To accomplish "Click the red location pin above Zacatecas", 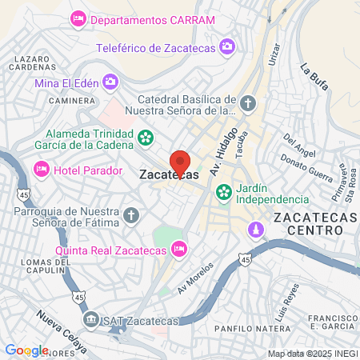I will coord(180,158).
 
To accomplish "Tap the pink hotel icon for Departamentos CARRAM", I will coord(78,18).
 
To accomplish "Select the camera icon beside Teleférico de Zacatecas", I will coord(227,47).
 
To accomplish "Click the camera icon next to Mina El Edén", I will coord(110,81).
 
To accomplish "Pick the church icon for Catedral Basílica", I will coord(248,102).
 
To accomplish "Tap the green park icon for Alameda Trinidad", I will coord(146,138).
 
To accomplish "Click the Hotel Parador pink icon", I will coord(41,170).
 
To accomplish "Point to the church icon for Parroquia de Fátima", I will coord(132,215).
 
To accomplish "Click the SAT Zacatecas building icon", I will coord(93,321).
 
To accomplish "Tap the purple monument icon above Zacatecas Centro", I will coord(255,230).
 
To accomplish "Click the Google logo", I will coord(26,350).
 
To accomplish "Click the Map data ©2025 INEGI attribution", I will coord(312,354).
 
